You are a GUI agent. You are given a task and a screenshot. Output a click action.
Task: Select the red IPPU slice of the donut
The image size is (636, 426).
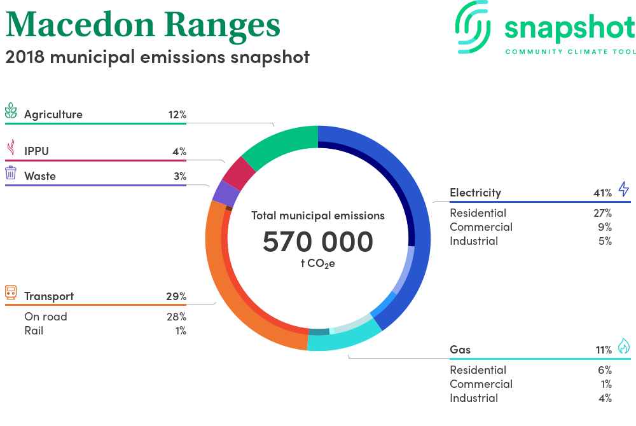(240, 172)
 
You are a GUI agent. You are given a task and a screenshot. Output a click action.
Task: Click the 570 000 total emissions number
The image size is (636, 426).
(318, 242)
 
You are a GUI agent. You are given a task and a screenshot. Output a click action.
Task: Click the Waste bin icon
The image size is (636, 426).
(11, 173)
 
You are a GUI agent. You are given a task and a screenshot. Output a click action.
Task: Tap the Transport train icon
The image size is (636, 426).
(11, 292)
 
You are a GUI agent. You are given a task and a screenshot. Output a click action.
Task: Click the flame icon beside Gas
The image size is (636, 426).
(623, 346)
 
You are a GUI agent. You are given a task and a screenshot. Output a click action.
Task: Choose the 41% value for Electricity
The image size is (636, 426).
(602, 193)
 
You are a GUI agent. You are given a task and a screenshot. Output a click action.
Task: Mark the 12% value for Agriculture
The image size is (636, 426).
(177, 115)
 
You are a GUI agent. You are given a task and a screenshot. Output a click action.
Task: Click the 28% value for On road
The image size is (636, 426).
(176, 317)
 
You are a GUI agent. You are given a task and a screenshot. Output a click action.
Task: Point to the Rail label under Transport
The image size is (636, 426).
(34, 331)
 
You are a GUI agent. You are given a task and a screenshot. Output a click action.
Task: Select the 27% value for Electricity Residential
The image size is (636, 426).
(602, 213)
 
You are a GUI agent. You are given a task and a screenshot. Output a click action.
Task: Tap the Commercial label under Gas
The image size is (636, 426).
(481, 384)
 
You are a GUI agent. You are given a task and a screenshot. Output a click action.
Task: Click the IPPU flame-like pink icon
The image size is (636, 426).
(10, 148)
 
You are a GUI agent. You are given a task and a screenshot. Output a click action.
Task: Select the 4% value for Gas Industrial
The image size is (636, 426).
(605, 398)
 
